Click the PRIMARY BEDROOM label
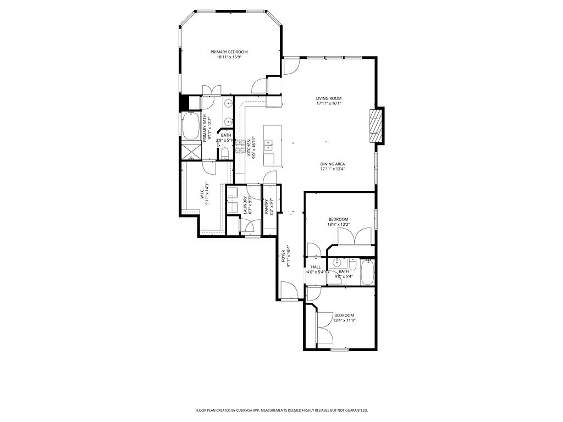click(x=228, y=52)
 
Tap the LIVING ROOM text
click(x=329, y=98)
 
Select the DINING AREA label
click(x=333, y=164)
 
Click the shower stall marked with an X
click(x=191, y=150)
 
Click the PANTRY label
click(x=266, y=206)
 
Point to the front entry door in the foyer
click(x=288, y=290)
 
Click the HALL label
click(x=316, y=267)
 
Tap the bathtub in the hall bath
click(x=367, y=272)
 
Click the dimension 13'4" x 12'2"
click(x=338, y=224)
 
